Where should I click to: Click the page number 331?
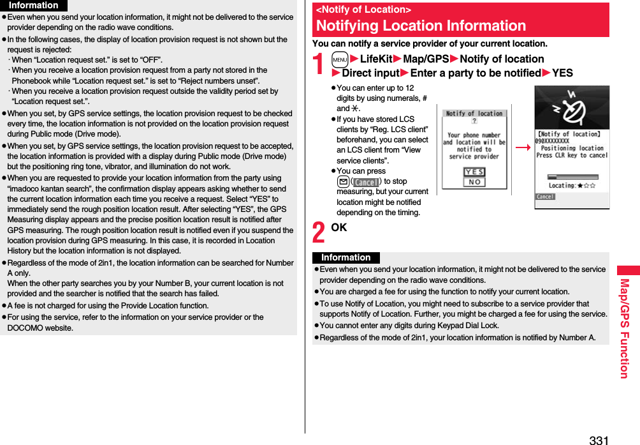[x=599, y=439]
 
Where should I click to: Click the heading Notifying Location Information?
[x=421, y=26]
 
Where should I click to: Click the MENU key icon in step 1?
[x=340, y=59]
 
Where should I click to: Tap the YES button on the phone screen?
[x=474, y=172]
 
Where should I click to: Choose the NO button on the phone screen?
[x=474, y=182]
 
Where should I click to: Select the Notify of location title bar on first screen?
[x=474, y=114]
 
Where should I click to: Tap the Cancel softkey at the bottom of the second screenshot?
[x=545, y=197]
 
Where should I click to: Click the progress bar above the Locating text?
[x=572, y=176]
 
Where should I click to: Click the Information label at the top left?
[x=33, y=5]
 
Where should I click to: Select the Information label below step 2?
[x=345, y=258]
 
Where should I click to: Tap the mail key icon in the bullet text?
[x=342, y=182]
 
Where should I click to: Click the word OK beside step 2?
[x=338, y=228]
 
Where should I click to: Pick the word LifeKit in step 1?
[x=376, y=59]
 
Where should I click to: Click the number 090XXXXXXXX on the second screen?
[x=552, y=141]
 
